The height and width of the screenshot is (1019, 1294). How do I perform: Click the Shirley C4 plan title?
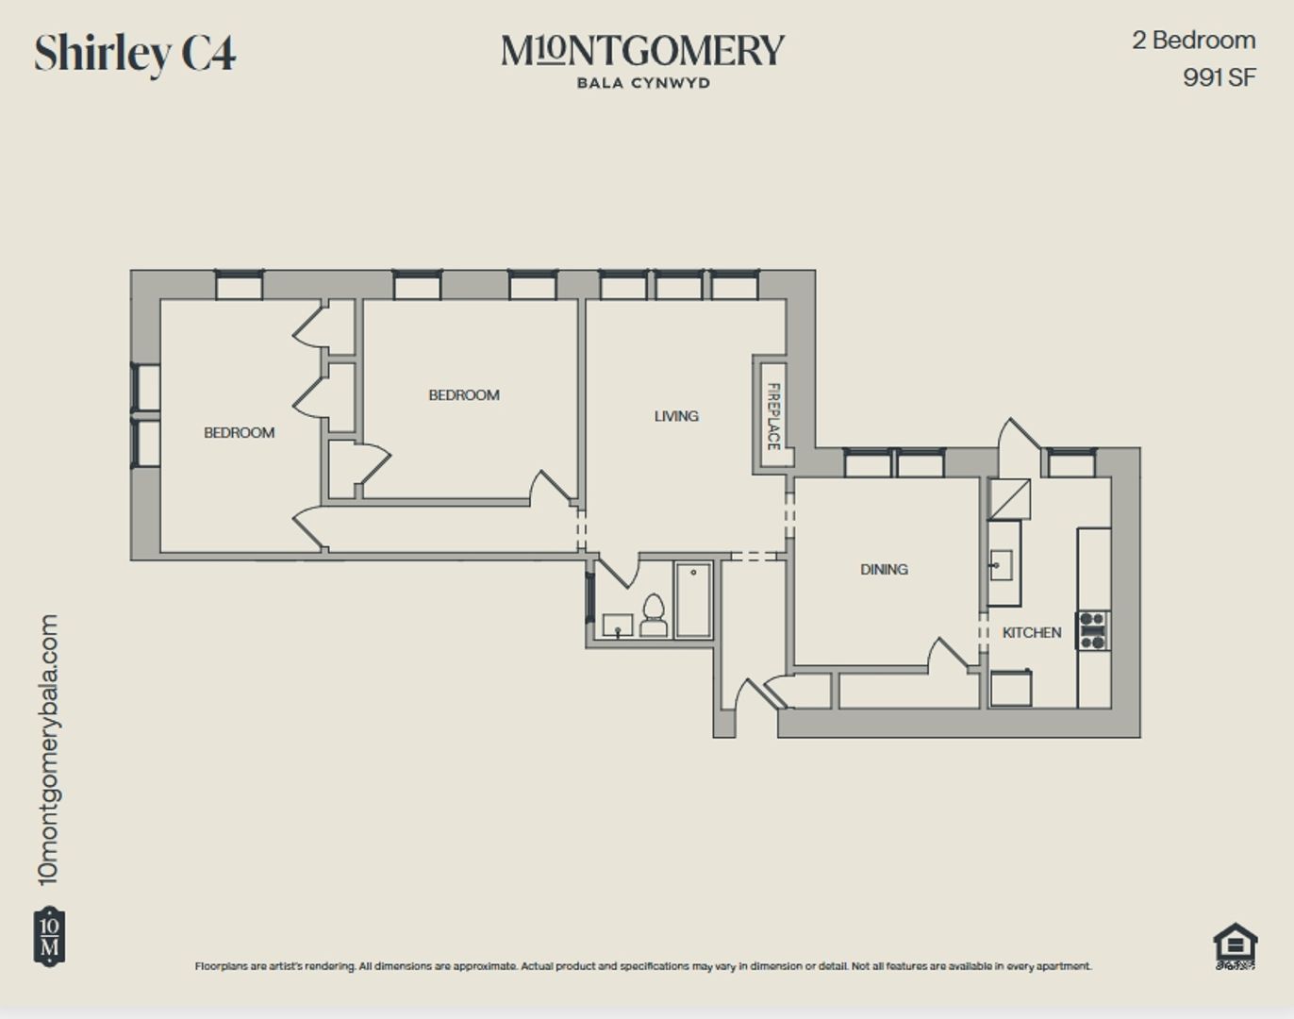pos(135,54)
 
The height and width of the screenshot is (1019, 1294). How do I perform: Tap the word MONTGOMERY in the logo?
pos(643,51)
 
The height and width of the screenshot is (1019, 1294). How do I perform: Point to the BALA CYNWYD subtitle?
pos(643,83)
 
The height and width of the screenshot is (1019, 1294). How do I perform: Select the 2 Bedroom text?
pos(1194,41)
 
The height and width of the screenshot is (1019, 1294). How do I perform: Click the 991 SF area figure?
pos(1219,77)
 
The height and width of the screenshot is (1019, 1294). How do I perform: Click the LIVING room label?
pos(676,416)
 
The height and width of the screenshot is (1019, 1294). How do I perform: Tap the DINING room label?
pos(884,569)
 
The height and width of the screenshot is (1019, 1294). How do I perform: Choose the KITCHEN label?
pos(1032,633)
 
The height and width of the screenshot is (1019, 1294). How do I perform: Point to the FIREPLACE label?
pos(774,416)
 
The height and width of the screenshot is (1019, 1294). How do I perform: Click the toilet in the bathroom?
pos(654,615)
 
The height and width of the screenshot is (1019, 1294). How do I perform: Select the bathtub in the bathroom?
pos(693,600)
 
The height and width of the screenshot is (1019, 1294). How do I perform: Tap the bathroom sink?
pos(618,625)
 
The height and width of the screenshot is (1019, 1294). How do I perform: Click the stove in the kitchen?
pos(1092,631)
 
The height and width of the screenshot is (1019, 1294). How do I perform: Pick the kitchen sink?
pos(1002,565)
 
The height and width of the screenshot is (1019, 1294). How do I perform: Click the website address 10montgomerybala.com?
pos(48,749)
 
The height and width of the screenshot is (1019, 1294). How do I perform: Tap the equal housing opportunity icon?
pos(1236,946)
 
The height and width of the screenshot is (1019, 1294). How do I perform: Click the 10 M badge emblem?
pos(49,937)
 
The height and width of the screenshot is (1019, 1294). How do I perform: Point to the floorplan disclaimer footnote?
pos(643,966)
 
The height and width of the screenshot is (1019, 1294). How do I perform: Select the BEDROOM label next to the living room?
pos(464,395)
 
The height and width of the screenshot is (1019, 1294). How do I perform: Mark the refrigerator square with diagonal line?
pos(1009,499)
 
